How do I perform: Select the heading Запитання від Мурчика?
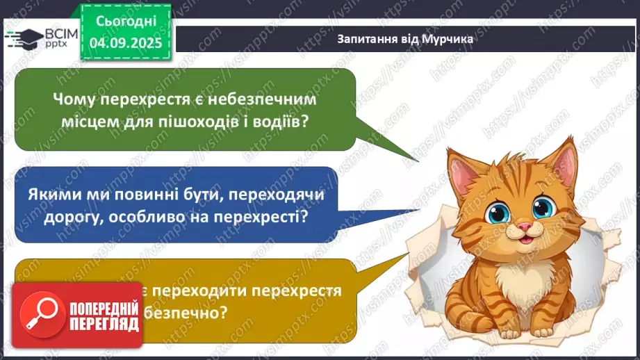point(405,39)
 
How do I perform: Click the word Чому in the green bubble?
point(74,99)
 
